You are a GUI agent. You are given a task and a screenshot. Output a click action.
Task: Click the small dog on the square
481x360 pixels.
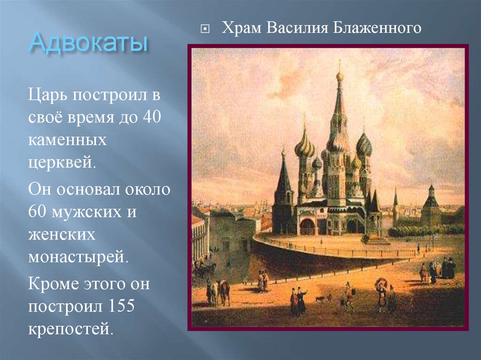319,299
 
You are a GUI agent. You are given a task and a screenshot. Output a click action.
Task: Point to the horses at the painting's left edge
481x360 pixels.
218,291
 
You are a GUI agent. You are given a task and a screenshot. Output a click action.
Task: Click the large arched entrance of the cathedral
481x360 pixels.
308,226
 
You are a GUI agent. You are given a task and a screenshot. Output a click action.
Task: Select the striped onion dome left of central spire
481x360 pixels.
304,147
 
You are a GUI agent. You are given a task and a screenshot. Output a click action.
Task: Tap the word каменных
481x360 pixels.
66,140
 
